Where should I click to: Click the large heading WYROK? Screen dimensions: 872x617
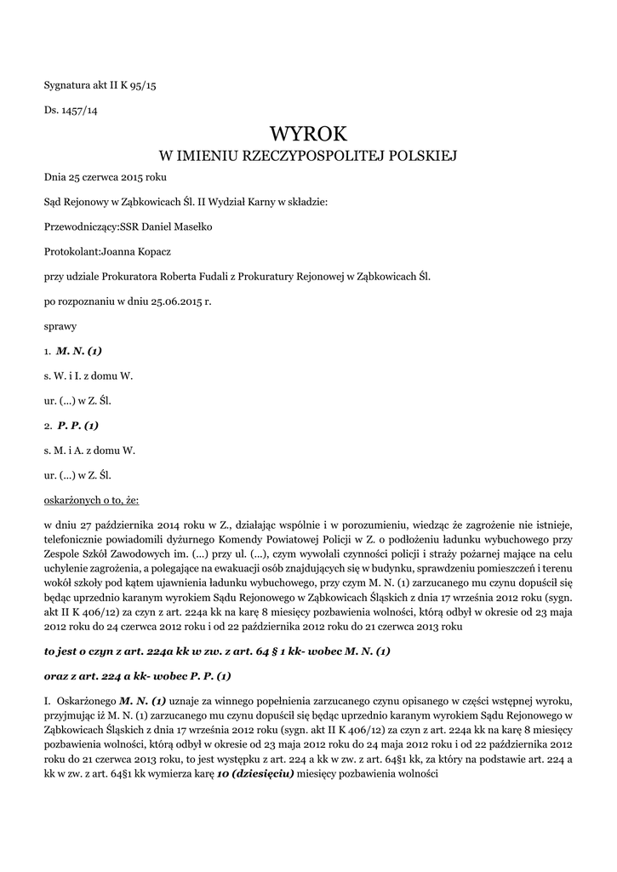point(308,134)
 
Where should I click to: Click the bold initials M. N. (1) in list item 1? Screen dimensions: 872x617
point(79,350)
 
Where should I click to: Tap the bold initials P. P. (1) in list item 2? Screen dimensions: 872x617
point(78,424)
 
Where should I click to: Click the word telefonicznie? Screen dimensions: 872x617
point(76,538)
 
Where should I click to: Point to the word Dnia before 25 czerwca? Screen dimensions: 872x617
point(55,178)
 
